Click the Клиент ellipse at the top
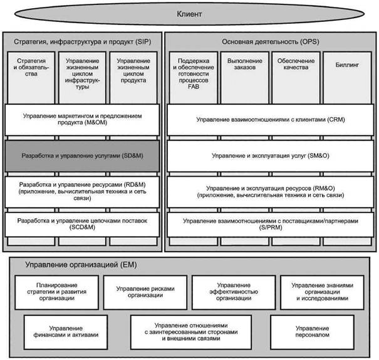coord(189,14)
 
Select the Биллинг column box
coord(347,77)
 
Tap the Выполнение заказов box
coord(244,77)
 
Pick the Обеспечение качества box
coord(296,77)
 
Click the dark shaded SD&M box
coord(82,156)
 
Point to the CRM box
coord(271,120)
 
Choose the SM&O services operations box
coord(271,156)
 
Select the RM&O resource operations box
coord(271,192)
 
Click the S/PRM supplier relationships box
coord(271,225)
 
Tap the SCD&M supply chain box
coord(82,225)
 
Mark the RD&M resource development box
coord(82,192)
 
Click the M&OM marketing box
coord(82,120)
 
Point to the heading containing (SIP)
coord(83,42)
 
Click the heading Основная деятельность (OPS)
coord(271,42)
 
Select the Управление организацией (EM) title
coord(81,265)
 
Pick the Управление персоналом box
coord(313,332)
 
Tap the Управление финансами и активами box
coord(66,332)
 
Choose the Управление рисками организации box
coord(145,292)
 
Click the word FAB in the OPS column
coord(194,87)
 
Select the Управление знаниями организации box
coord(322,292)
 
